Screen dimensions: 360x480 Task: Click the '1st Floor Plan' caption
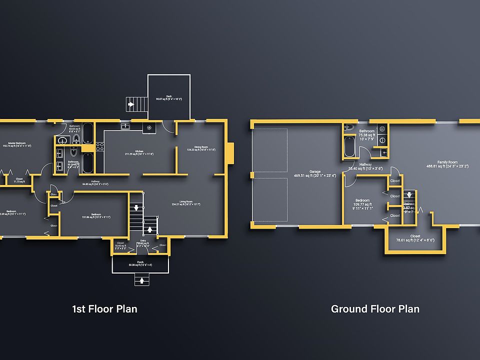pyautogui.click(x=104, y=308)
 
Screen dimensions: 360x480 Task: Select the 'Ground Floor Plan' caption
pyautogui.click(x=375, y=308)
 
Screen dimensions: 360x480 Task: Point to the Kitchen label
pyautogui.click(x=139, y=152)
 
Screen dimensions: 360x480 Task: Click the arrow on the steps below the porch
pyautogui.click(x=142, y=280)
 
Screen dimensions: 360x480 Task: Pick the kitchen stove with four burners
pyautogui.click(x=99, y=147)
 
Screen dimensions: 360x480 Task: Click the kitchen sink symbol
pyautogui.click(x=125, y=127)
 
